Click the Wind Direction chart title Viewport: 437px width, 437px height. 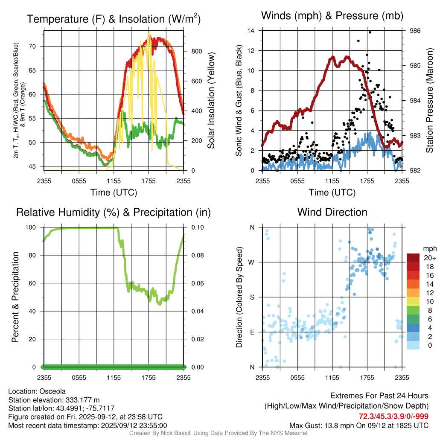[332, 212]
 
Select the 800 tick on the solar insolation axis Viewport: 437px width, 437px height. [196, 51]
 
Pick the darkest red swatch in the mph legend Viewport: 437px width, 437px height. [414, 258]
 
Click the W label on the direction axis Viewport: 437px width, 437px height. [252, 262]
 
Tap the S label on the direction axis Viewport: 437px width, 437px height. [252, 297]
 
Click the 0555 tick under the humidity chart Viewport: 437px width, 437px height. [79, 377]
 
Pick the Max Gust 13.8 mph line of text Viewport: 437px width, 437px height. [359, 425]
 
